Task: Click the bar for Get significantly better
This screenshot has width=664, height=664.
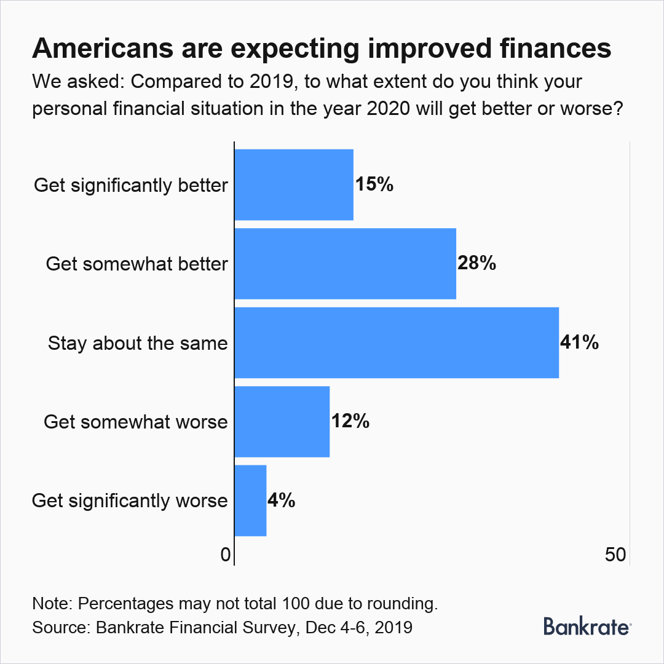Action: [294, 184]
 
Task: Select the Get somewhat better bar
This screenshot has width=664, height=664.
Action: [345, 264]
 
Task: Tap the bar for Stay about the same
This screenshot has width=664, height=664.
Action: [397, 342]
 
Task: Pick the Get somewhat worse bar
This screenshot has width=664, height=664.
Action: [282, 422]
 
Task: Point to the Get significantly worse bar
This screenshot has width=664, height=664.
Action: [250, 500]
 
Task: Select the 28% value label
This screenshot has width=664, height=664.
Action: [476, 264]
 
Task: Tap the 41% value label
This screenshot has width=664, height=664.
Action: [580, 342]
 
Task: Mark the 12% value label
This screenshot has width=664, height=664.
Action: [350, 422]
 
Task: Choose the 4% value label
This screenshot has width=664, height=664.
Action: [282, 500]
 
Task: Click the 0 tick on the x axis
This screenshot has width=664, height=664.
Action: [225, 555]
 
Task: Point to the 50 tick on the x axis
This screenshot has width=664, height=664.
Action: [615, 555]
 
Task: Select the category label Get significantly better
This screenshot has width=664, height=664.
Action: [131, 185]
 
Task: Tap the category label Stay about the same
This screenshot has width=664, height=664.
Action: [138, 343]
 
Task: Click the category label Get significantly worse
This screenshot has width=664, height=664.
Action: [130, 501]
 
